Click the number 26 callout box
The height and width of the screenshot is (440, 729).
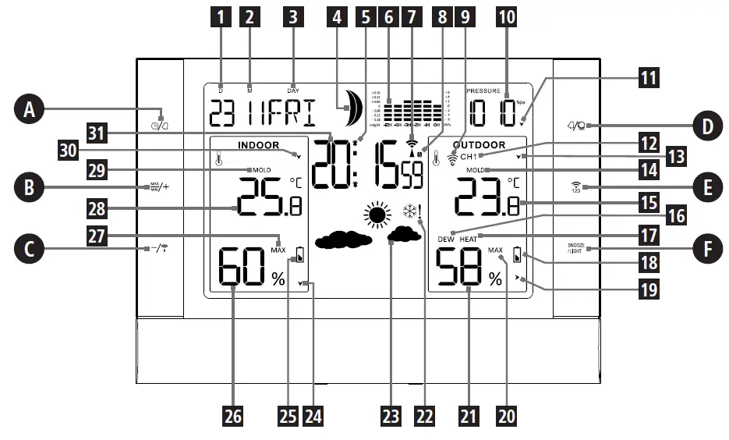pos(233,417)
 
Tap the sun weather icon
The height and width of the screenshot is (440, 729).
pos(378,215)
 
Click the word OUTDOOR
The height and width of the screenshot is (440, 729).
pos(479,145)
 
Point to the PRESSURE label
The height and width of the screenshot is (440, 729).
pos(483,90)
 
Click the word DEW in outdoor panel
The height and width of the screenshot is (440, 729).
pos(446,240)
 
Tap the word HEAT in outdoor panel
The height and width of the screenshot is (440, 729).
pos(469,240)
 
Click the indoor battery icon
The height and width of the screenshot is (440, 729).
pos(300,255)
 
